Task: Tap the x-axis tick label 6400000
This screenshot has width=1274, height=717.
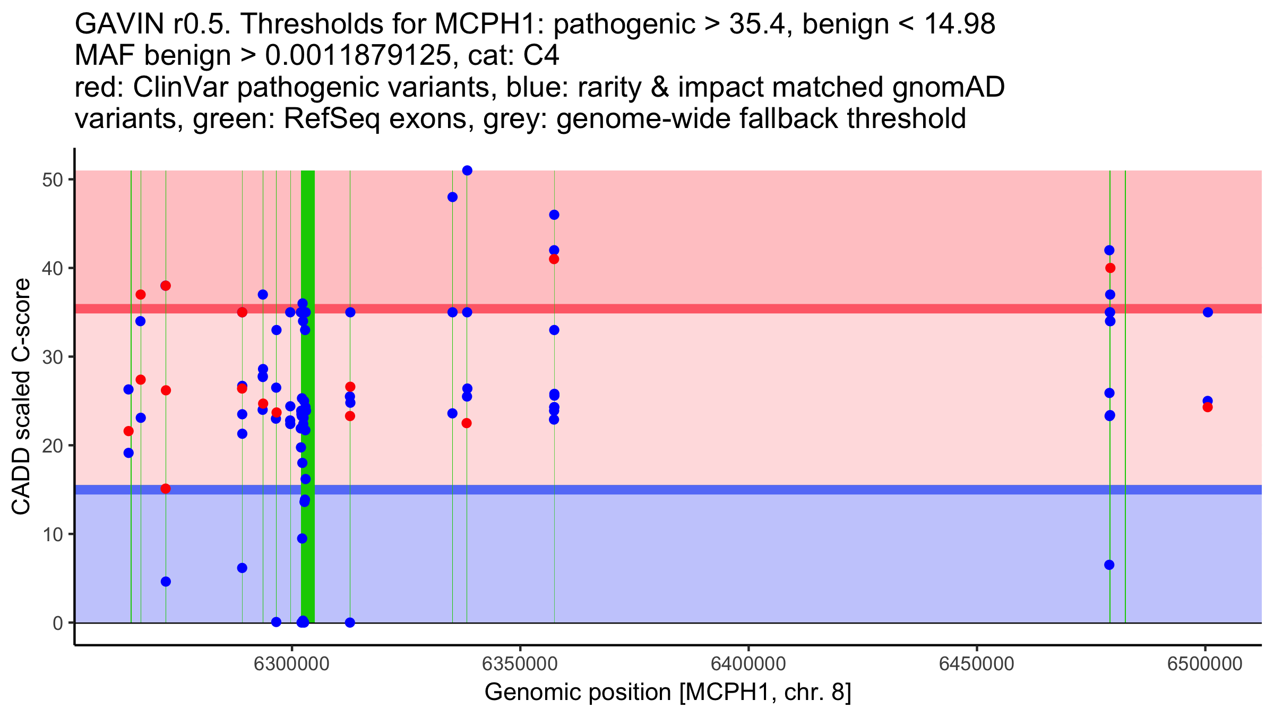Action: point(748,664)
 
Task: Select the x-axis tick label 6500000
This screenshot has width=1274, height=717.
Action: point(1205,664)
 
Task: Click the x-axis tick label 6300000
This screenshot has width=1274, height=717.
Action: point(292,664)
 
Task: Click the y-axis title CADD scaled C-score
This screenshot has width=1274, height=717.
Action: point(21,397)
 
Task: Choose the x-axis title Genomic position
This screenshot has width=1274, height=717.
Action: point(668,693)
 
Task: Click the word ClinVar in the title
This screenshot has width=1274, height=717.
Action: point(180,88)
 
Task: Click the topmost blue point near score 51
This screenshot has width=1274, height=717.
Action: point(467,170)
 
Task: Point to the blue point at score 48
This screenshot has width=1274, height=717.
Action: point(452,197)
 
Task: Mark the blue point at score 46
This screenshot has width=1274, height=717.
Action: point(554,215)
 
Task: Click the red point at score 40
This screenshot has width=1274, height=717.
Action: point(1110,268)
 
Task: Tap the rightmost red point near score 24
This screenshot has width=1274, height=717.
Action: point(1208,407)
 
